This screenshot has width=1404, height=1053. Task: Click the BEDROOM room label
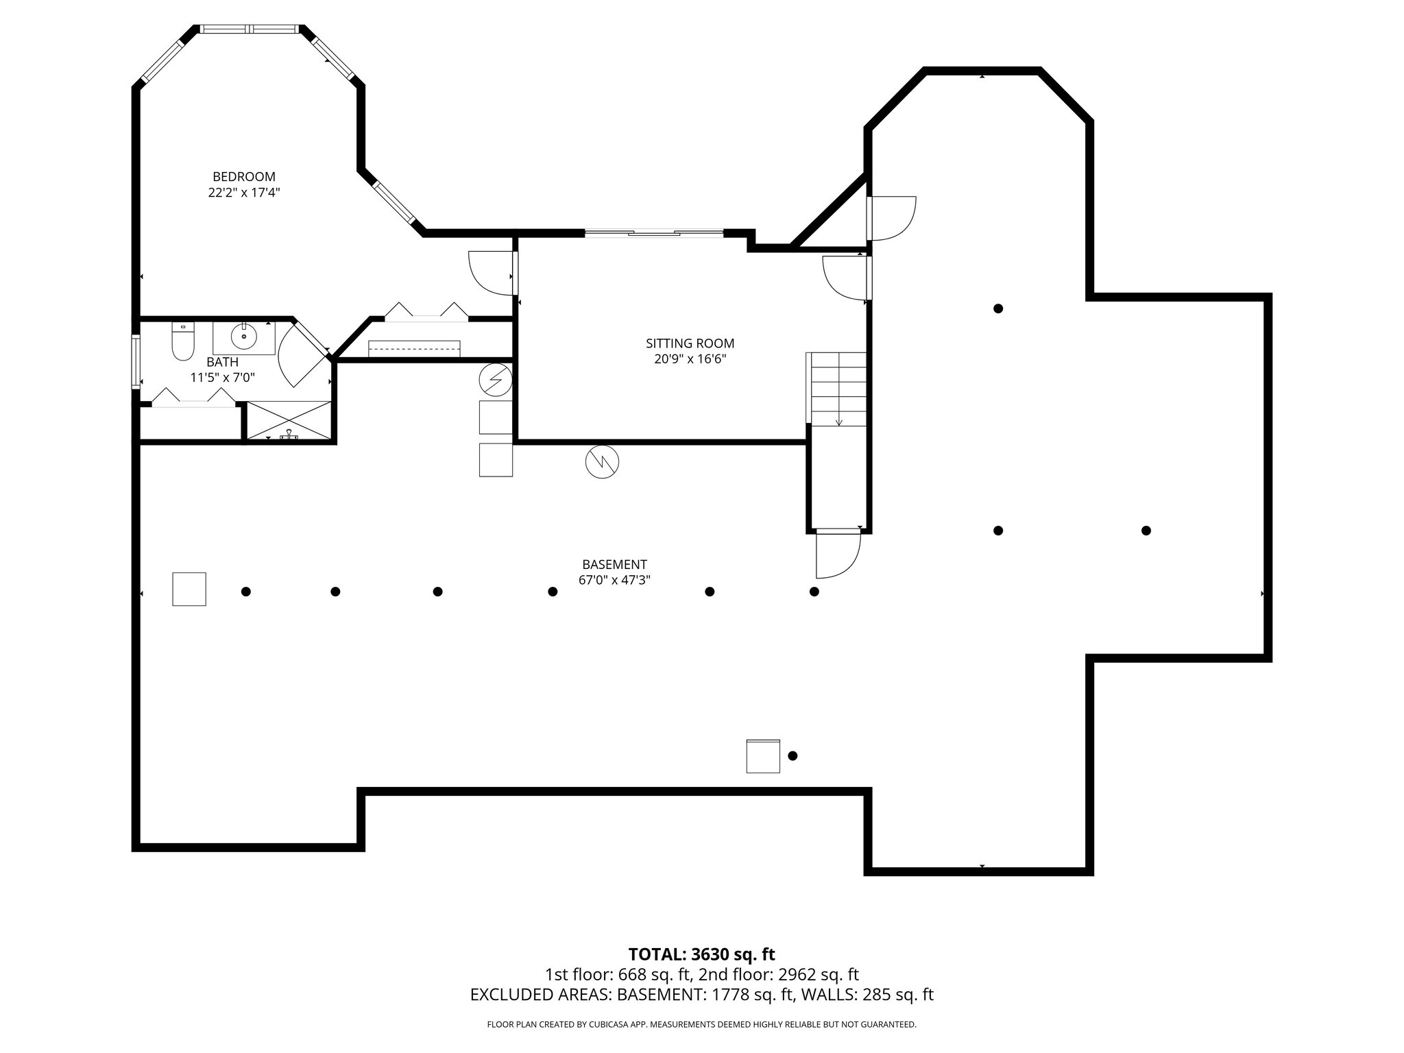click(x=243, y=177)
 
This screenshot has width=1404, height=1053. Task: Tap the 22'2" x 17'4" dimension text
click(x=243, y=193)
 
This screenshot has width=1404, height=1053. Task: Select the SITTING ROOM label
click(x=690, y=343)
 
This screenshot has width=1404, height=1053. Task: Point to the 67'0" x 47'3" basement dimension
click(x=614, y=580)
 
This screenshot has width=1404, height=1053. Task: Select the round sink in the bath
click(x=243, y=337)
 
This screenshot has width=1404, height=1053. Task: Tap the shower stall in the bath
click(x=289, y=421)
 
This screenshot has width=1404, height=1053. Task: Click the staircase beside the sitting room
click(x=838, y=389)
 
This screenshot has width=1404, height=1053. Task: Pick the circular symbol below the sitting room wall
click(x=602, y=463)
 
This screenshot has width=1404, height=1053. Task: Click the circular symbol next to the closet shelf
click(x=495, y=380)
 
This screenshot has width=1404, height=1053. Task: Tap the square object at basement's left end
click(x=189, y=589)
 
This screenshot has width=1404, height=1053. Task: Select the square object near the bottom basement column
click(x=763, y=756)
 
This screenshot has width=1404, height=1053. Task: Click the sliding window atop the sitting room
click(x=654, y=234)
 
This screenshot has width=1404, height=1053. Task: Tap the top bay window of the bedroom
click(x=250, y=29)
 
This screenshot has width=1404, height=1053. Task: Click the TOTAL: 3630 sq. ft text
click(x=701, y=954)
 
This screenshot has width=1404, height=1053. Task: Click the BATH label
click(x=223, y=362)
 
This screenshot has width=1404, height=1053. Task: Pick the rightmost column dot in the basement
click(x=1146, y=531)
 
